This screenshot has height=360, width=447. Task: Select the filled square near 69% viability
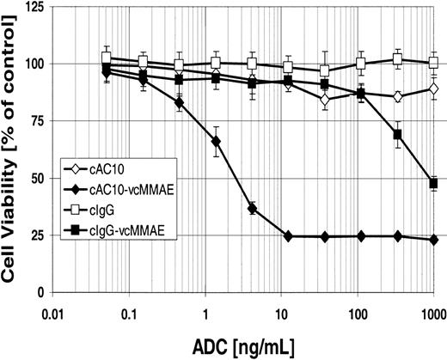pos(398,135)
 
